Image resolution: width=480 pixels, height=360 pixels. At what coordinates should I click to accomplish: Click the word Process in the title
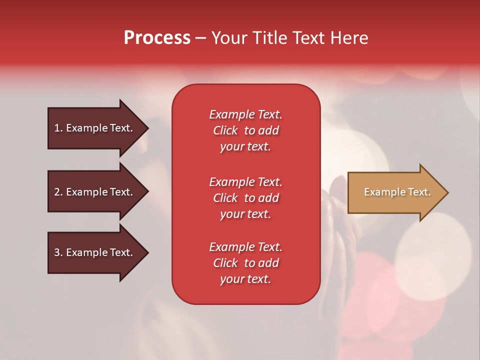point(157,38)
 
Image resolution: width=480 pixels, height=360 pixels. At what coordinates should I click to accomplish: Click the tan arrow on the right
point(398,192)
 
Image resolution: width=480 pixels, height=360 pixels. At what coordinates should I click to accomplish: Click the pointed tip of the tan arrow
point(448,192)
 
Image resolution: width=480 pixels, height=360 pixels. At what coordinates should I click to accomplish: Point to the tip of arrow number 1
point(149,128)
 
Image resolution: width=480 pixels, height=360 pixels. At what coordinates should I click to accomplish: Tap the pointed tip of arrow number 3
point(149,252)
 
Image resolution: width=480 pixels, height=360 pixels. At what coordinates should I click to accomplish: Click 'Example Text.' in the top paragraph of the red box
point(246,114)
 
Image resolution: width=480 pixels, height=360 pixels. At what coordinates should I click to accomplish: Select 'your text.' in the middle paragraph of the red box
point(245,214)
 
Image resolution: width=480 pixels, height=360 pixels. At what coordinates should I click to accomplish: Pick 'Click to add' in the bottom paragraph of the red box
point(246,263)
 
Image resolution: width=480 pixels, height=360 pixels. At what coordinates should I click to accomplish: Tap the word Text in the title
point(309,37)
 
